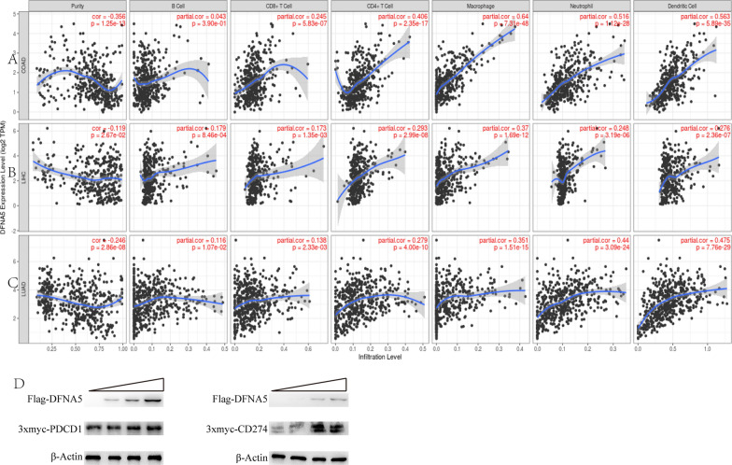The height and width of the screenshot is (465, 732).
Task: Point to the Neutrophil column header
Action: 571,6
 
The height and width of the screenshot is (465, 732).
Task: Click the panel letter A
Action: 11,61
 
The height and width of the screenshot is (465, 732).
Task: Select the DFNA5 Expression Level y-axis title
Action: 6,177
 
